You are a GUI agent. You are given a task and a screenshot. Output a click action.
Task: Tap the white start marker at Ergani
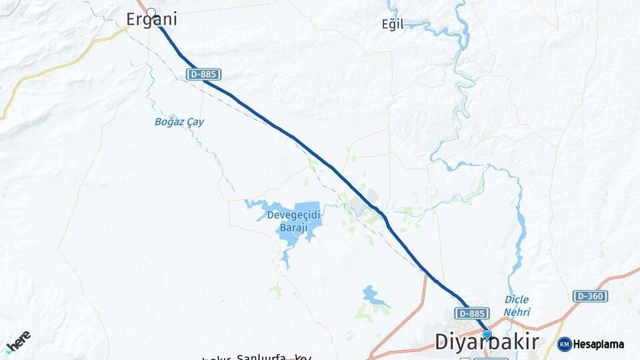[x=151, y=12]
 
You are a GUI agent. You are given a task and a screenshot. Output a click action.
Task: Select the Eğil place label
[x=393, y=25]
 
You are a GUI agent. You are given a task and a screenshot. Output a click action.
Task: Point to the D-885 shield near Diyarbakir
[x=472, y=313]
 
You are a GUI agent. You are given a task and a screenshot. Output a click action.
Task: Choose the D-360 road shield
[x=590, y=296]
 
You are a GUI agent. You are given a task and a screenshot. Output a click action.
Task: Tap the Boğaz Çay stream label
[x=179, y=122]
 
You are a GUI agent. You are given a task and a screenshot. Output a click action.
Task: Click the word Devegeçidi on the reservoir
[x=293, y=215]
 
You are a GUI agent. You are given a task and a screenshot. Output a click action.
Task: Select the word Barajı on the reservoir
[x=293, y=227]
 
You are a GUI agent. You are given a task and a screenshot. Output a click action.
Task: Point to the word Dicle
[x=517, y=300]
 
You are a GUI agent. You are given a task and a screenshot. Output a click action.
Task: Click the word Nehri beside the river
[x=517, y=311]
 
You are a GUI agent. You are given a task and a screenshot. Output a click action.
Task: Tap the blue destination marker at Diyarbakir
[x=487, y=335]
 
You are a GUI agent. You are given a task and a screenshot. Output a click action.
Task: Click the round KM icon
[x=564, y=344]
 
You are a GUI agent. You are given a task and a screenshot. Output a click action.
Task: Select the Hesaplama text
[x=598, y=345]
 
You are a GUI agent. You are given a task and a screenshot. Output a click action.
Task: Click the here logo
[x=18, y=341]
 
